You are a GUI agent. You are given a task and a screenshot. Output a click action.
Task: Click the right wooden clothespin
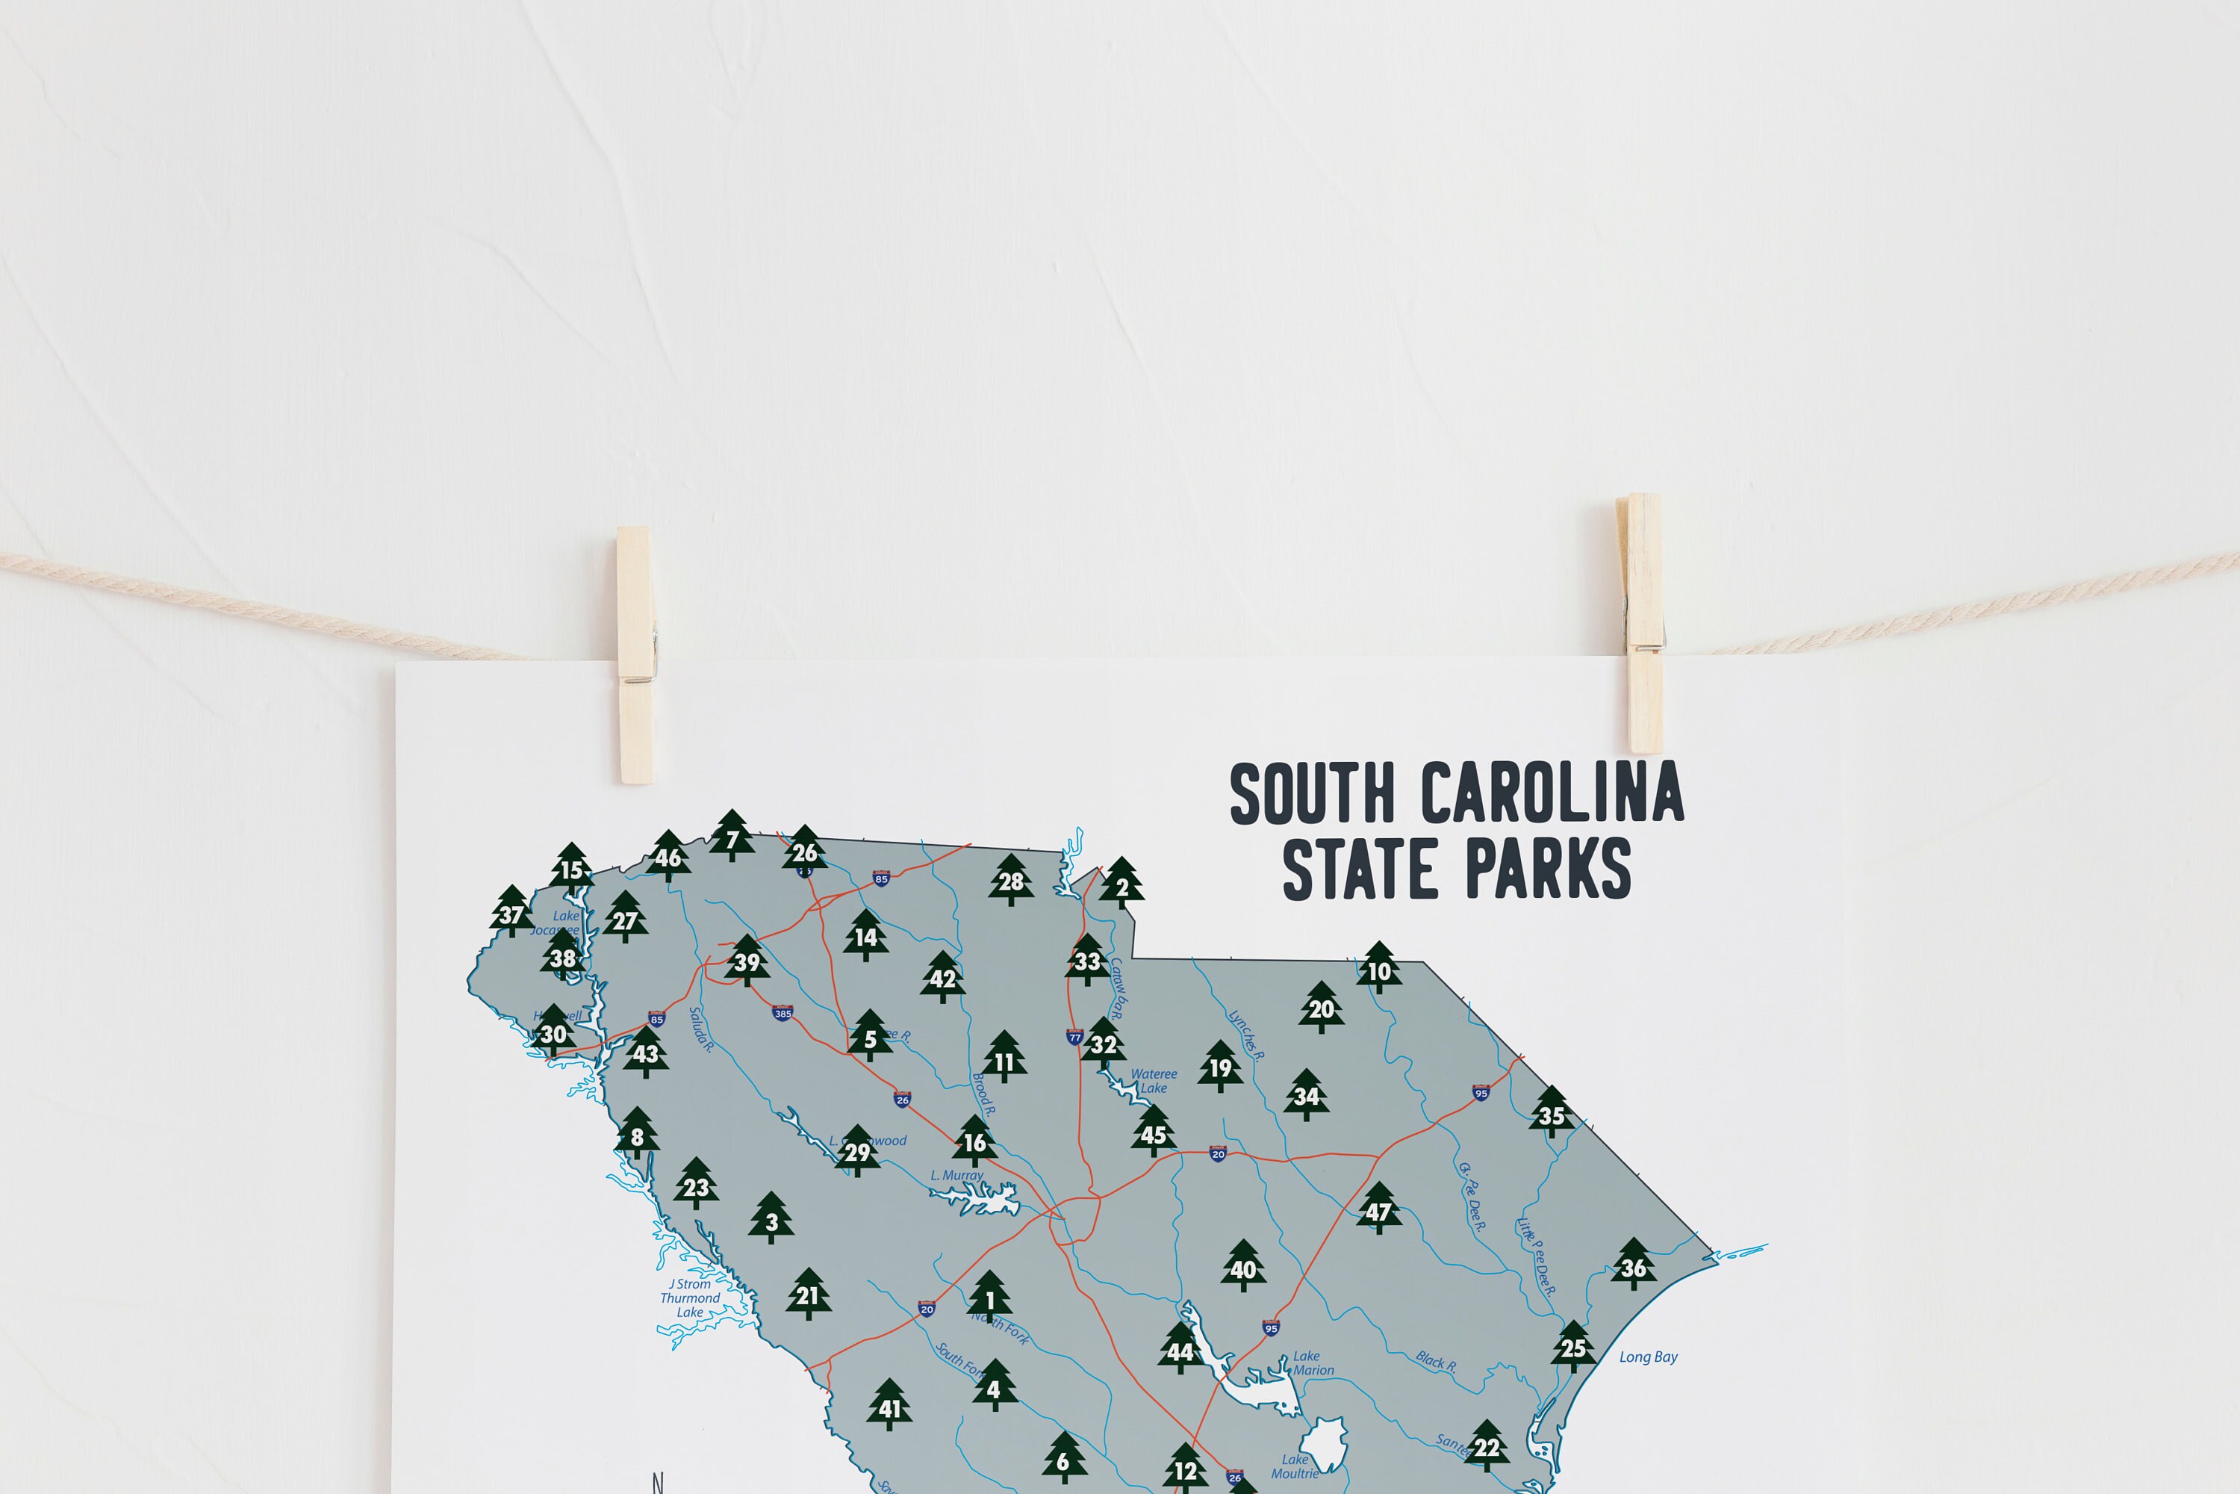(x=1642, y=624)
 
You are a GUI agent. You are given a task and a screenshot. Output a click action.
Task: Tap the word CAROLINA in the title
(x=1552, y=793)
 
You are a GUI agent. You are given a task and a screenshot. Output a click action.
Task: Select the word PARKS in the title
(x=1548, y=869)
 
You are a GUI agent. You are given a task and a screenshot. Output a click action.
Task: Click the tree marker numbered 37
(x=511, y=912)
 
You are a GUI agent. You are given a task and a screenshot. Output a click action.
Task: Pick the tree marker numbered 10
(x=1378, y=968)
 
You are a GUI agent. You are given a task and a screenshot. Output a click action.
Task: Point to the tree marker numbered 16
(x=974, y=1141)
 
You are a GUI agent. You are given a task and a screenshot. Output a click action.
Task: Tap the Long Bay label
(x=1648, y=1357)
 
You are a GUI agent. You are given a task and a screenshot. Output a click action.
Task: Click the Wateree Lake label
(x=1154, y=1080)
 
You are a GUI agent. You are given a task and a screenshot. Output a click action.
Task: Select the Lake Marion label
(x=1310, y=1363)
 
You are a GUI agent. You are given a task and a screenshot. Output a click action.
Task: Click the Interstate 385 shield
(x=783, y=1013)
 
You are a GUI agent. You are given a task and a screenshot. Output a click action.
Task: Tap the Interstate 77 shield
(x=1074, y=1037)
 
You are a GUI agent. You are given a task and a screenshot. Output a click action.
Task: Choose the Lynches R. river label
(x=1245, y=1035)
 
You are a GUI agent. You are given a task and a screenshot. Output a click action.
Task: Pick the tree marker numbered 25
(x=1572, y=1345)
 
